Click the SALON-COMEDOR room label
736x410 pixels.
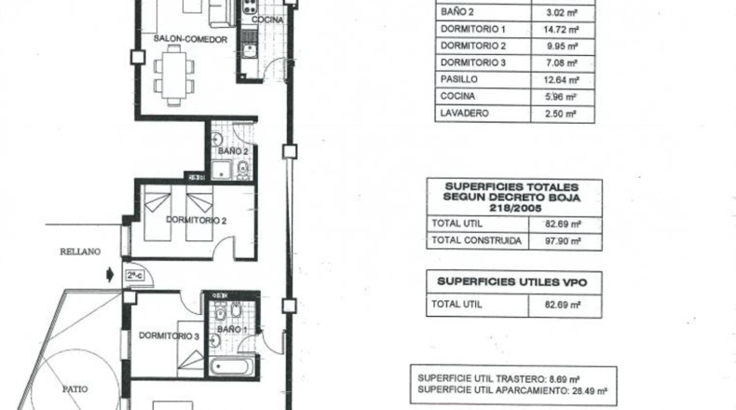coord(191,39)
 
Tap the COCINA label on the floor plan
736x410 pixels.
coord(267,20)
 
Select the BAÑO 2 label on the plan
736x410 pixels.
coord(233,151)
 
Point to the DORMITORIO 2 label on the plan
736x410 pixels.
coord(197,220)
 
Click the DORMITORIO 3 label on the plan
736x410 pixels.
coord(169,335)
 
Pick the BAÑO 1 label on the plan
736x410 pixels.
coord(232,329)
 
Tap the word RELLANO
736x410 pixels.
coord(80,252)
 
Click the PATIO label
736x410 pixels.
coord(75,389)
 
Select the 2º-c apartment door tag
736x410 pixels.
coord(135,275)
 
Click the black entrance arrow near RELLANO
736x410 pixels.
coord(110,274)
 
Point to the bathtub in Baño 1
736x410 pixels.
coord(232,366)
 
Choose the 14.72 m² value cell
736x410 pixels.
coord(562,30)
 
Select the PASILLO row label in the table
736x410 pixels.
coord(459,79)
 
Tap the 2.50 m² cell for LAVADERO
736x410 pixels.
coord(561,114)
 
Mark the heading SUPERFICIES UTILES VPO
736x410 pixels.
coord(512,281)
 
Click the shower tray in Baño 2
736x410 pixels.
coord(221,171)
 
